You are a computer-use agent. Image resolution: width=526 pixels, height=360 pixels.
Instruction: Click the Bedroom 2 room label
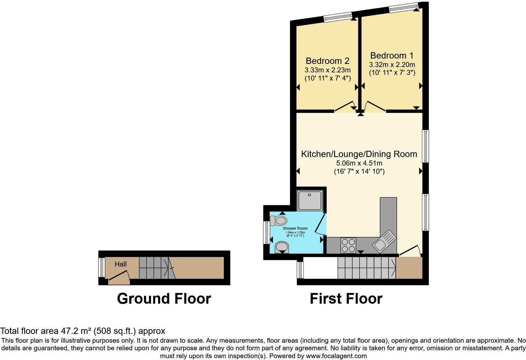click(x=327, y=61)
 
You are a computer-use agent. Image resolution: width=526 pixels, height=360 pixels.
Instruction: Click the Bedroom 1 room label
click(x=392, y=56)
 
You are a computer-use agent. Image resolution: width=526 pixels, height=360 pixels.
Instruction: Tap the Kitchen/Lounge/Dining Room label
click(x=359, y=154)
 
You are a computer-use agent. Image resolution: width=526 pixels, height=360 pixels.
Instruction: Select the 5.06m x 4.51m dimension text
click(x=359, y=163)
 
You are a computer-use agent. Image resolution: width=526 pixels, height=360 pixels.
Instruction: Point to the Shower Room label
click(x=295, y=228)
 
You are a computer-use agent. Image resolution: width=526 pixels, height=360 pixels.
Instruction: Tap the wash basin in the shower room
click(x=282, y=247)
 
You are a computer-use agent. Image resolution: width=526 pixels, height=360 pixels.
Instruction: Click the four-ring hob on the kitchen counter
click(x=348, y=245)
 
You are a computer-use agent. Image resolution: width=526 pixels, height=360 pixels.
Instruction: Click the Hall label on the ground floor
click(x=120, y=264)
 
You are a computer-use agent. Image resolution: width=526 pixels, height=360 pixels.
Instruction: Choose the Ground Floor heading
click(x=164, y=299)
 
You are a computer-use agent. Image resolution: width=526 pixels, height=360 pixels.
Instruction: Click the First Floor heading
click(x=346, y=299)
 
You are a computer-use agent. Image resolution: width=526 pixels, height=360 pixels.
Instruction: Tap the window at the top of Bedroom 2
click(x=338, y=17)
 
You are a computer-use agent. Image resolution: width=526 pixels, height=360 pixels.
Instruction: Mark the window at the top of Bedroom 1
click(x=403, y=7)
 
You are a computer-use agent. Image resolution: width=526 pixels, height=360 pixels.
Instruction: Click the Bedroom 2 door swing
click(x=345, y=107)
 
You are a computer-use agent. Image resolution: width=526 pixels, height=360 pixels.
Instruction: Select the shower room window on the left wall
click(x=266, y=233)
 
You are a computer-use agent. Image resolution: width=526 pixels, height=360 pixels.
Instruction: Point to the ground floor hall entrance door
click(x=119, y=276)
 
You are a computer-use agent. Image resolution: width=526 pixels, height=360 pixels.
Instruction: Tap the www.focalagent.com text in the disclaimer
click(x=336, y=356)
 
